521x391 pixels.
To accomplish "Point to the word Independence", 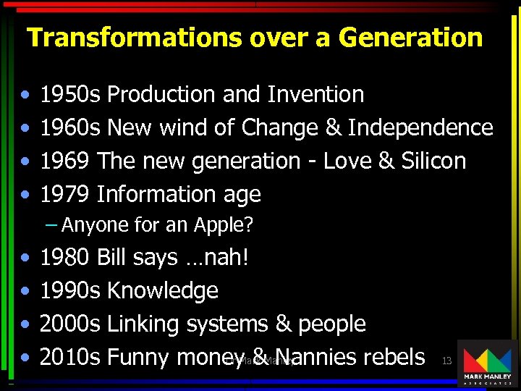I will pyautogui.click(x=420, y=127).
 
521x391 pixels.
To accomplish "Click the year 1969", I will pyautogui.click(x=65, y=161).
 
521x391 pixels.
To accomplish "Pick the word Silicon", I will pyautogui.click(x=433, y=161).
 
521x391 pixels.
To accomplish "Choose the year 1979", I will pyautogui.click(x=65, y=194).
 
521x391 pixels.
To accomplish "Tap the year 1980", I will pyautogui.click(x=65, y=257).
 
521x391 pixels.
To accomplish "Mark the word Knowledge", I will pyautogui.click(x=162, y=290).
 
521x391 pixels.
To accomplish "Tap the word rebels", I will pyautogui.click(x=394, y=357).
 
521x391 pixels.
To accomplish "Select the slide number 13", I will pyautogui.click(x=446, y=361).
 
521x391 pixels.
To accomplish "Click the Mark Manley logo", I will pyautogui.click(x=487, y=363).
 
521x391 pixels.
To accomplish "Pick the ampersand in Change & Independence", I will pyautogui.click(x=333, y=127).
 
